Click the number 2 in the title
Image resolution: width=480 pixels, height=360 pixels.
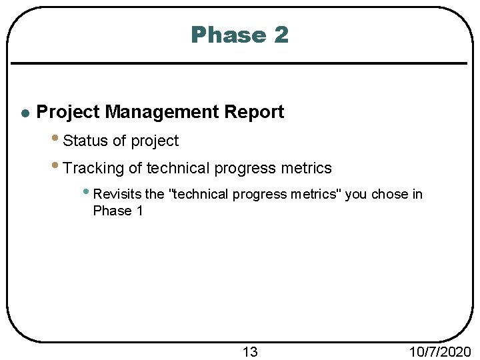pyautogui.click(x=280, y=35)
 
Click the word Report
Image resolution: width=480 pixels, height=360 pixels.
pyautogui.click(x=254, y=112)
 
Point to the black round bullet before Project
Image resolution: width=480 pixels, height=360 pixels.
pyautogui.click(x=25, y=113)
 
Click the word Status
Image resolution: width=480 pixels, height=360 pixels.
pyautogui.click(x=85, y=141)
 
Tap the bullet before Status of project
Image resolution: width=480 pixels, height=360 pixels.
pyautogui.click(x=55, y=139)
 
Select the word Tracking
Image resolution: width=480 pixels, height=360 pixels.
pyautogui.click(x=93, y=168)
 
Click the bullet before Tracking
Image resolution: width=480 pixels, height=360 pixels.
pyautogui.click(x=55, y=166)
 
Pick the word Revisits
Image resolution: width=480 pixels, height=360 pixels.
pyautogui.click(x=118, y=194)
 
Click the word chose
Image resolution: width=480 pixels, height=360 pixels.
pyautogui.click(x=390, y=194)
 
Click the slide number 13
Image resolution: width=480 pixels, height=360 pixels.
pyautogui.click(x=249, y=351)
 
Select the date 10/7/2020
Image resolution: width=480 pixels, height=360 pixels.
pyautogui.click(x=441, y=351)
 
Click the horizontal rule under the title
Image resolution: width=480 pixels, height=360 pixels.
pyautogui.click(x=240, y=63)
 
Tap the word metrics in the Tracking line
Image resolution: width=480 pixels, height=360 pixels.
pyautogui.click(x=305, y=168)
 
